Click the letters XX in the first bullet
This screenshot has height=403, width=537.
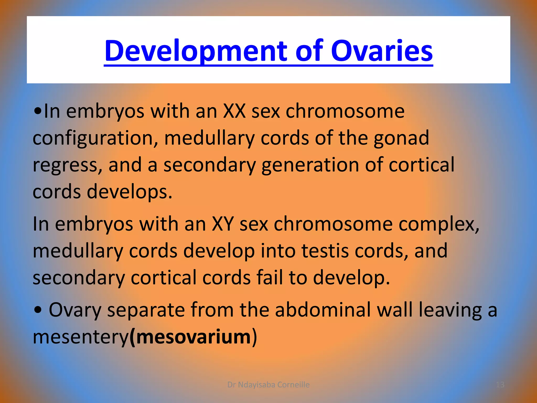tap(234, 111)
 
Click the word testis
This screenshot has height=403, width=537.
tap(325, 251)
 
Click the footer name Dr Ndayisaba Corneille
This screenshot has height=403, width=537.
tap(268, 385)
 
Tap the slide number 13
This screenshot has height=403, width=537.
tap(500, 385)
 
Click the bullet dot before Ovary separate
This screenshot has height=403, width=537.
tap(38, 310)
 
